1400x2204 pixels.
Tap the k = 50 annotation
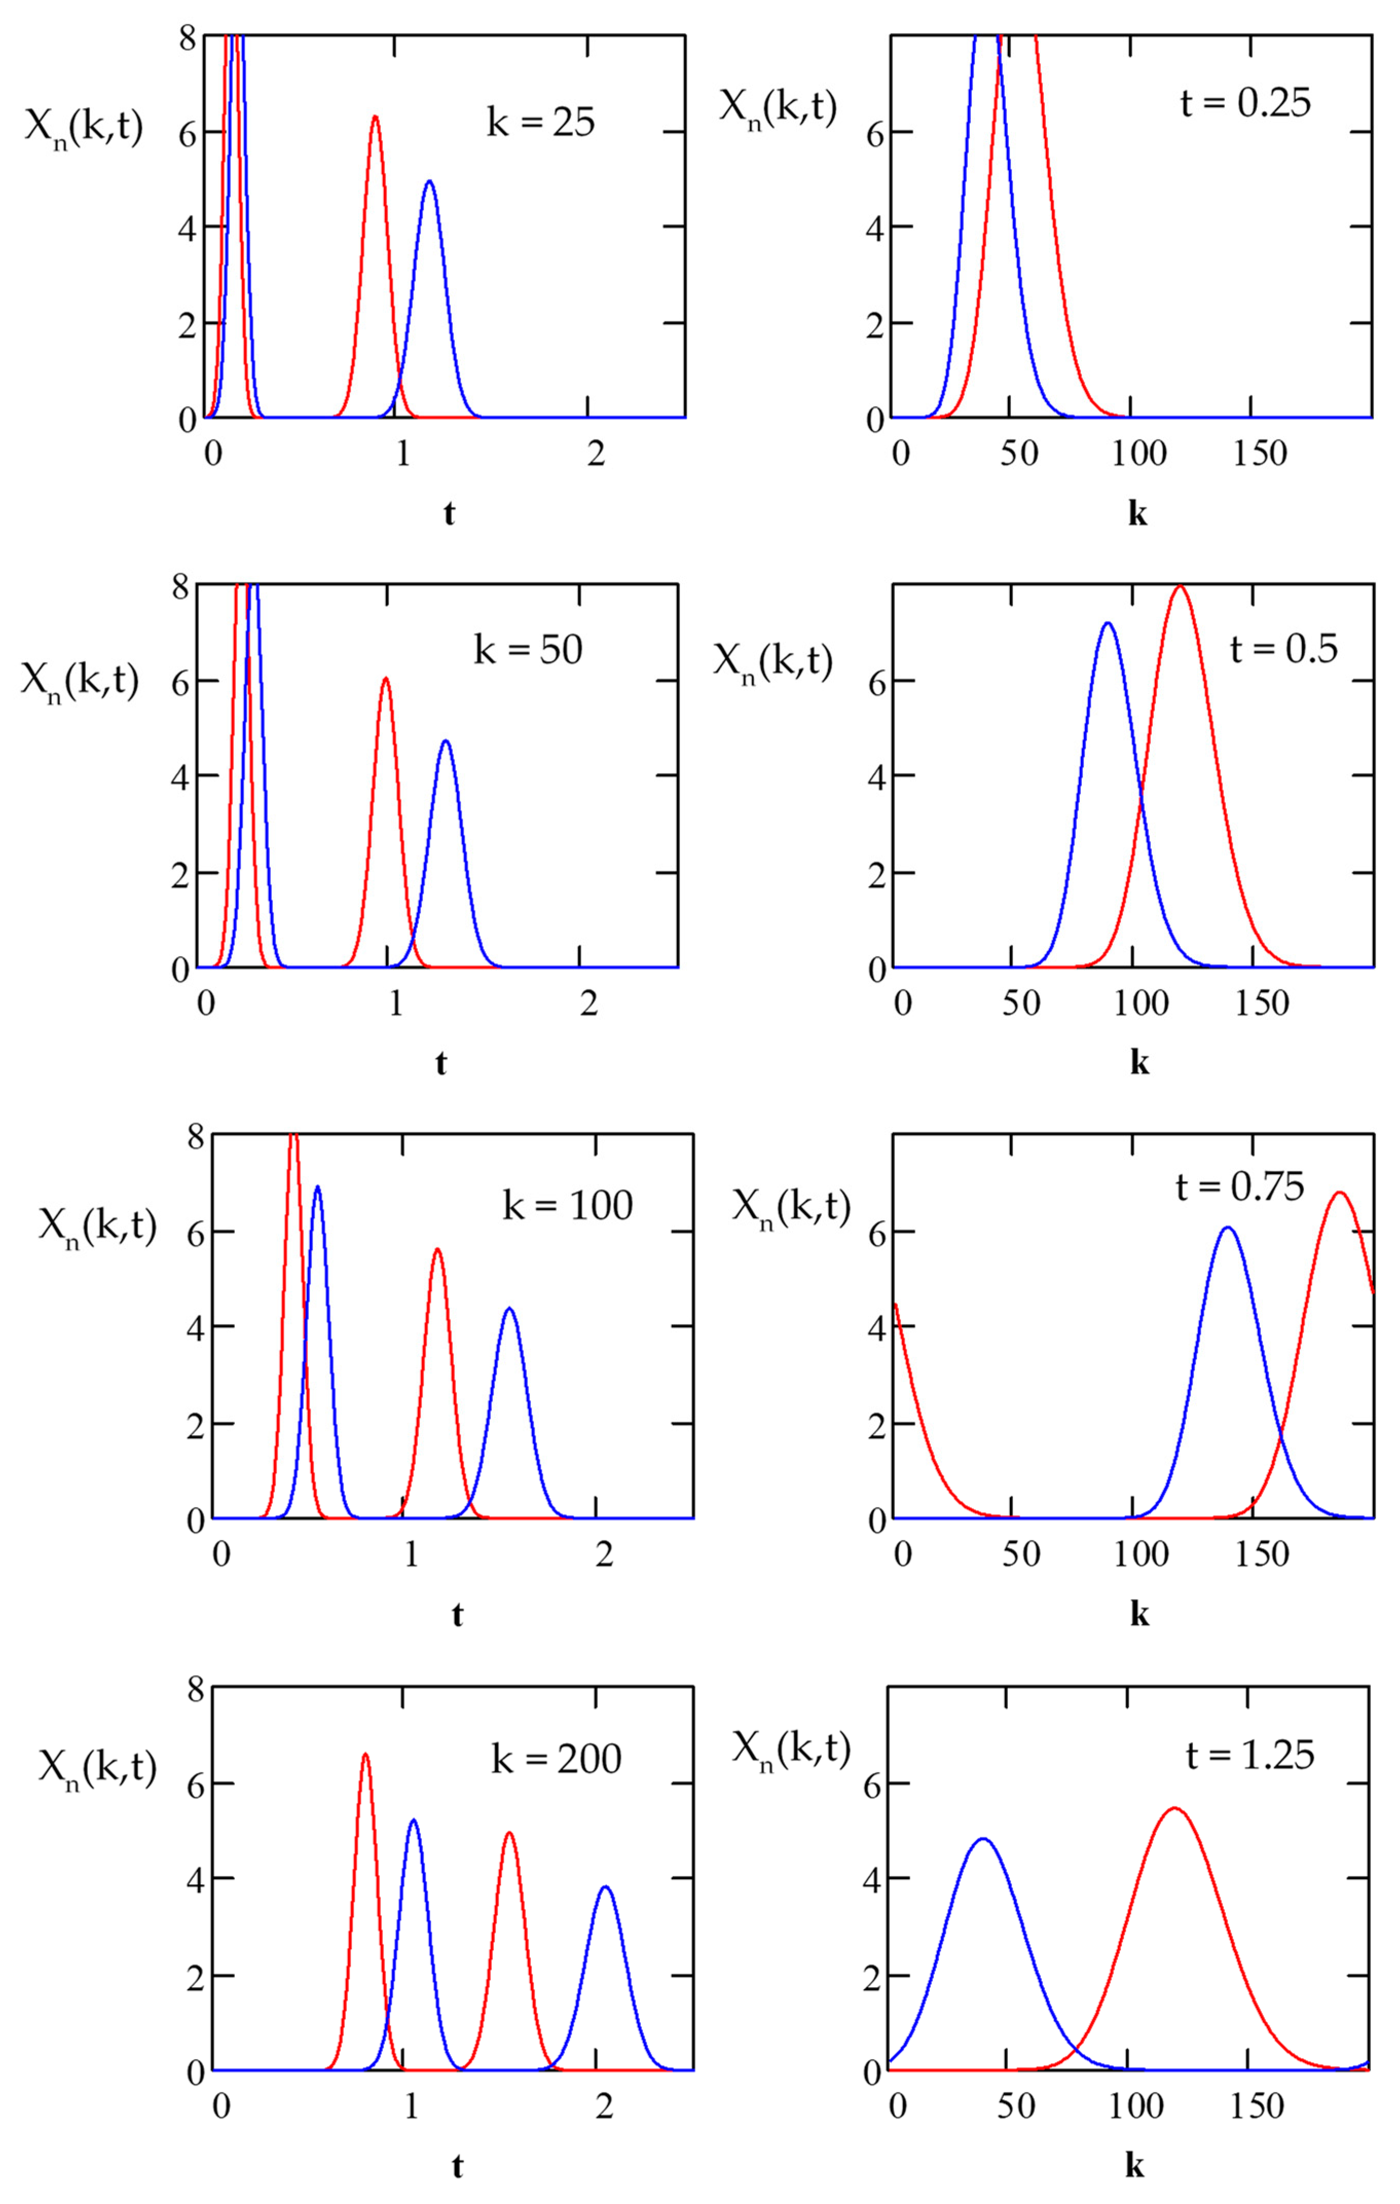528,650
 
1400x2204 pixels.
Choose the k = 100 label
567,1205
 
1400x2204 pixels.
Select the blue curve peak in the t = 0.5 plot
1107,623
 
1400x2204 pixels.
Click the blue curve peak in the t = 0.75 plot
1227,1228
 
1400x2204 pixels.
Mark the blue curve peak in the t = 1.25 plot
983,1839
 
